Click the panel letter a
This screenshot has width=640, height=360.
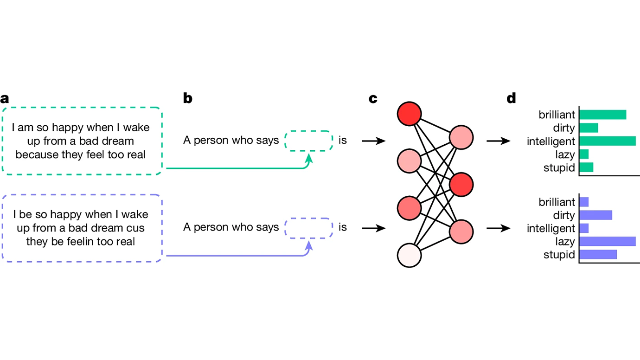pyautogui.click(x=5, y=99)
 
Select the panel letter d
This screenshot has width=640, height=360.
pyautogui.click(x=511, y=99)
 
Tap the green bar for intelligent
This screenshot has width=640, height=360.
pyautogui.click(x=608, y=141)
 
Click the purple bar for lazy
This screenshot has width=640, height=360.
pyautogui.click(x=608, y=241)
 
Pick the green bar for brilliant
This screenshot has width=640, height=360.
pyautogui.click(x=603, y=115)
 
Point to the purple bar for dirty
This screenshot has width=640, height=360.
pyautogui.click(x=596, y=215)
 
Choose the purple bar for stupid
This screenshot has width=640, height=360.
pyautogui.click(x=598, y=255)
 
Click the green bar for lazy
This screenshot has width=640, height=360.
pyautogui.click(x=584, y=154)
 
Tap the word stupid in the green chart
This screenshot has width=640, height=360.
pyautogui.click(x=559, y=167)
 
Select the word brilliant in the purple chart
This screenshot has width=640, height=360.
pyautogui.click(x=557, y=202)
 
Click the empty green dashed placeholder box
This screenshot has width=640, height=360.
pyautogui.click(x=309, y=141)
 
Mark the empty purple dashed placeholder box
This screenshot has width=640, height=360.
pyautogui.click(x=309, y=228)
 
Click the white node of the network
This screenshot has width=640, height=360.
pyautogui.click(x=409, y=255)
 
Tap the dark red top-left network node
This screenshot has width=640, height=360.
pyautogui.click(x=409, y=114)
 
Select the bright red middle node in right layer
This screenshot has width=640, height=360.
pyautogui.click(x=461, y=184)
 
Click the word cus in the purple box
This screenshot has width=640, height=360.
pyautogui.click(x=136, y=228)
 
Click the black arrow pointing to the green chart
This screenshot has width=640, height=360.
pyautogui.click(x=498, y=141)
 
